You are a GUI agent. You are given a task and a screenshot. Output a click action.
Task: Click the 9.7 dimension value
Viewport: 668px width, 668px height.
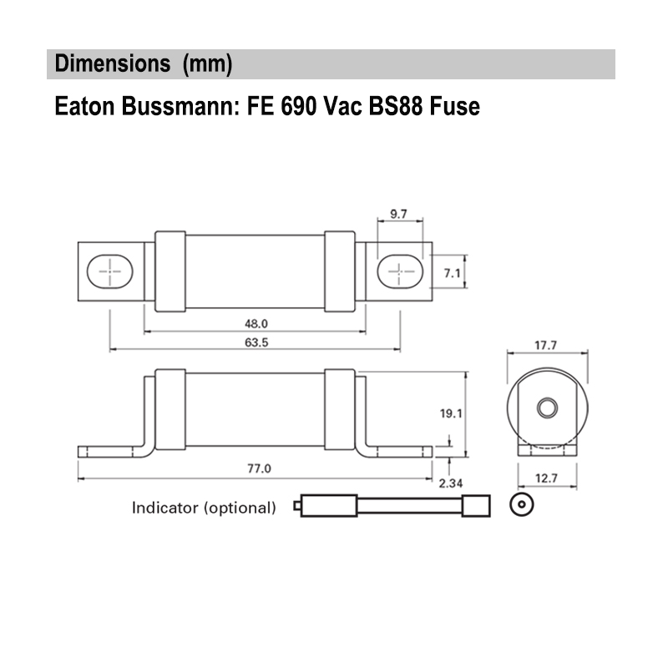pos(398,215)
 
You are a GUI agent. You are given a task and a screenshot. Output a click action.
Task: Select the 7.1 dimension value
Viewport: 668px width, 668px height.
pos(452,272)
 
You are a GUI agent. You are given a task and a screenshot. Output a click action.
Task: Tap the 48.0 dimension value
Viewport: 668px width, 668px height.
pos(256,322)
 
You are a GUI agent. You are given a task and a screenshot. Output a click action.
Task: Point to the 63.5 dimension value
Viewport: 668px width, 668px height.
pos(256,342)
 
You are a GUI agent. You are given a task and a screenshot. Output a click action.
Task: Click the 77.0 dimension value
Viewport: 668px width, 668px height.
pos(258,468)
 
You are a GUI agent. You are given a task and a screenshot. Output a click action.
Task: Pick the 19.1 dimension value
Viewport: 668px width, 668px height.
pos(452,412)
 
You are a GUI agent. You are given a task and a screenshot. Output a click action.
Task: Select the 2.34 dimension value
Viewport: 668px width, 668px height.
pos(452,483)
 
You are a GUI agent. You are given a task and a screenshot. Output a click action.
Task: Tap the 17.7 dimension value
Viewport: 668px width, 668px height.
pos(547,346)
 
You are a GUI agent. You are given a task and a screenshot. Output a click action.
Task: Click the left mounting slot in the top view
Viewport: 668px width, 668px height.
pos(109,271)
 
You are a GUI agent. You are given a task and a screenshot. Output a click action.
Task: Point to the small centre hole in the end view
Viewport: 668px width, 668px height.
pos(547,407)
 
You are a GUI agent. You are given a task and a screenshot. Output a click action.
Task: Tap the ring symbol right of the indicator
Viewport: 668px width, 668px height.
pos(521,505)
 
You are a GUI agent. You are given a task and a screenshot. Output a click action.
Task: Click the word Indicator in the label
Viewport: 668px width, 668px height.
pos(165,507)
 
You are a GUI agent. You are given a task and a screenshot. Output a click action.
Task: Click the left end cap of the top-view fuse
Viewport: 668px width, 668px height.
pos(170,271)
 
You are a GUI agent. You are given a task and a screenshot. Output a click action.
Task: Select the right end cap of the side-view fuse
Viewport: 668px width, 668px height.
pos(339,409)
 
